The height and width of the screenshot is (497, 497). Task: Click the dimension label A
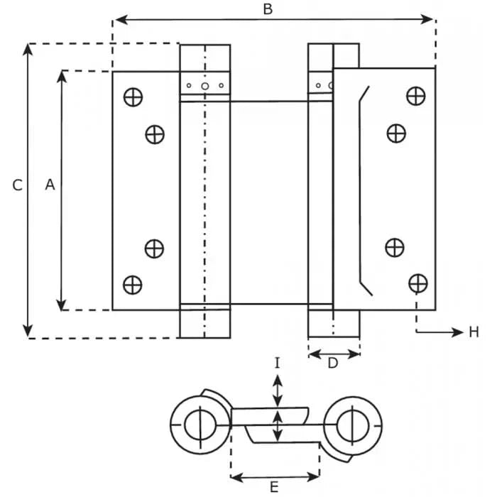point(49,185)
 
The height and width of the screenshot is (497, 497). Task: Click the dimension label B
point(268,9)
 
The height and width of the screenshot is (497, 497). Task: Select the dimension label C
point(18,185)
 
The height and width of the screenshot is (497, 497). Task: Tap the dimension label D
point(332,364)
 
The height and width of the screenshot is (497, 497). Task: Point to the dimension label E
point(273,487)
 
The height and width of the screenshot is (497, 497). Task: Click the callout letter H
point(474,332)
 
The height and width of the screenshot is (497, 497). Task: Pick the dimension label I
point(278,363)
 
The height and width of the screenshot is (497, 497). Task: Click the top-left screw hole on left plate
point(132,96)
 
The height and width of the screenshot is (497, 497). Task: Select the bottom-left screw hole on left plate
point(132,285)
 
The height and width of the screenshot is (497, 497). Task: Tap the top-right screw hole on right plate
point(416,94)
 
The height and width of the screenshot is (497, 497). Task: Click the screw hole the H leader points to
point(417,283)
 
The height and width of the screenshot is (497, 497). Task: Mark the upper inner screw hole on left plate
point(155,133)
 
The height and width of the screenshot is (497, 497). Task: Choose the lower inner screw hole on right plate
point(395,247)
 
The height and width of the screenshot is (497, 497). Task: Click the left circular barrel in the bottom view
point(199,425)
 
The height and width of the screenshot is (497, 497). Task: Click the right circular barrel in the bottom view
point(353,425)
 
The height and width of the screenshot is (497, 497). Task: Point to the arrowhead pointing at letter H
point(456,332)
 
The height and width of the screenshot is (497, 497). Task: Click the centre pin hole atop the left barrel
point(204,87)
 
